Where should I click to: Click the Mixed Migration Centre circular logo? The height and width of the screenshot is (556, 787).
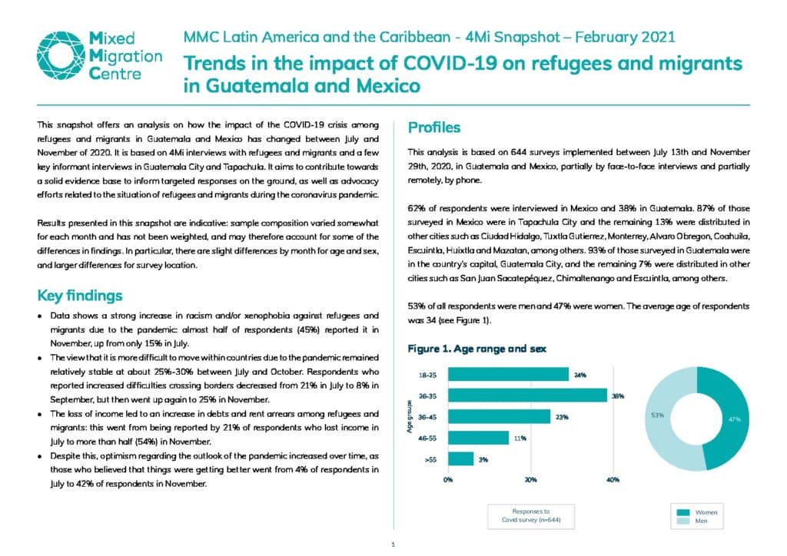point(60,55)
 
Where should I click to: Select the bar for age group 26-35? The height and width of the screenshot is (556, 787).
point(527,395)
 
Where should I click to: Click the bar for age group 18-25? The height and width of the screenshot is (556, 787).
point(509,375)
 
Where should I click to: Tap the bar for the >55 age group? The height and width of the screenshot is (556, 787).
point(461,458)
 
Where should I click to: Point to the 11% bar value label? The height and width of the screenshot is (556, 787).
point(520,439)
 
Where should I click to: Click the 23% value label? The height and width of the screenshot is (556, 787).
point(562,417)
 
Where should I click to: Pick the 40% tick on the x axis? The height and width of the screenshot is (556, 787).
point(613,480)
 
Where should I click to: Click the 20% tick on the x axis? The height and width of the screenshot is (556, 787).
point(530,480)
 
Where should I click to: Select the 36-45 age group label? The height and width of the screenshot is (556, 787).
point(427,417)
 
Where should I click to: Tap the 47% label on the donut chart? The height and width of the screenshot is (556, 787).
point(734,419)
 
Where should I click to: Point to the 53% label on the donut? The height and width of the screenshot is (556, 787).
point(658,415)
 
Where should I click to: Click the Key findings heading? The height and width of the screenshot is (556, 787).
point(80,296)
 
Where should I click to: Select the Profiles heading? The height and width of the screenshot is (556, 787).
point(434,127)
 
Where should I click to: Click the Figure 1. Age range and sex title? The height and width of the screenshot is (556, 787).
point(477,349)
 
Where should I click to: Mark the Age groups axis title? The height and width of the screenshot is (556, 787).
point(410,417)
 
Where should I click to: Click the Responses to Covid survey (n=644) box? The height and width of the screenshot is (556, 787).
point(531,516)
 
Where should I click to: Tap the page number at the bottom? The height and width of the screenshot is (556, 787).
point(393,544)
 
